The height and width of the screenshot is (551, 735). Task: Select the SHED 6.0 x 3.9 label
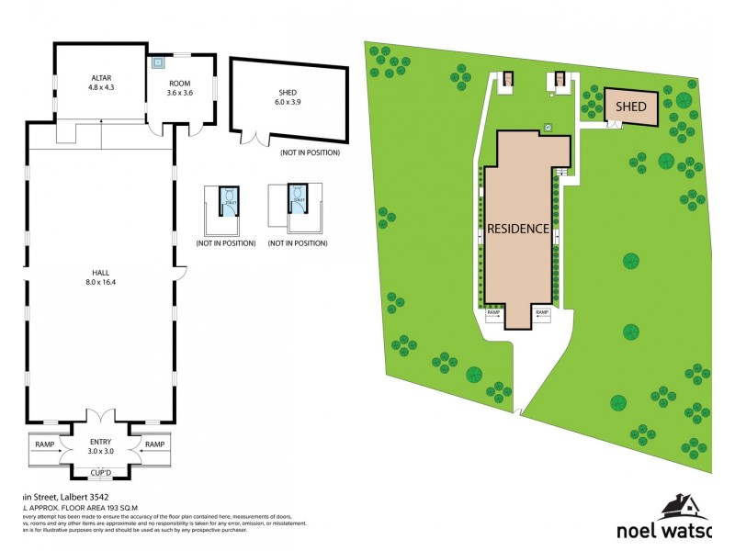288,98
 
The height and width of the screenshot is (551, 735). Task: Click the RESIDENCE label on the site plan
518,228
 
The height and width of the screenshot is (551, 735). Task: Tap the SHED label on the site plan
631,107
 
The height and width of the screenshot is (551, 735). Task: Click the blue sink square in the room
158,63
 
